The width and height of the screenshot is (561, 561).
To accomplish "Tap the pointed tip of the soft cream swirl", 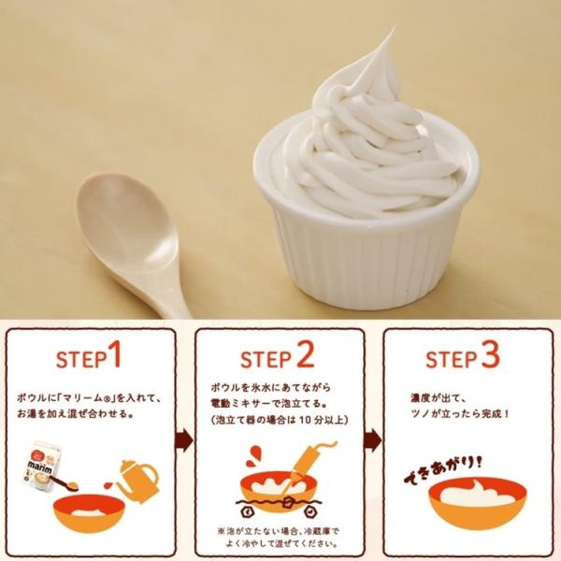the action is (x=395, y=25).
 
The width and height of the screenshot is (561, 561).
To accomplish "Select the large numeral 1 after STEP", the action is (x=115, y=354).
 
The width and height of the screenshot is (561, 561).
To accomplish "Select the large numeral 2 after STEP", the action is (x=305, y=355).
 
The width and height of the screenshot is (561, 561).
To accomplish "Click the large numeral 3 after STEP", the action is (x=490, y=355).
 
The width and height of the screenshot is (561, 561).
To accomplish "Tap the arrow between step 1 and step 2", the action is (x=184, y=440).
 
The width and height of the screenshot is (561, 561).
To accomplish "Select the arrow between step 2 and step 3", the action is (x=373, y=440).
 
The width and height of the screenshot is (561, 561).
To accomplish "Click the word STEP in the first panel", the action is (x=81, y=359).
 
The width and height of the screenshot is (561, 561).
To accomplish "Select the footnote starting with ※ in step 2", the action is (x=278, y=538).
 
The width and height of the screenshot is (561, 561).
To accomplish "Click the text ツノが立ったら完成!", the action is (x=460, y=413).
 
